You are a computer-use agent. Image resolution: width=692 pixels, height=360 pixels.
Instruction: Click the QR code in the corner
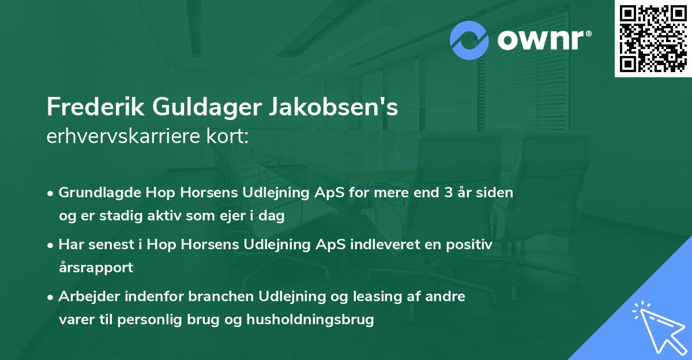653,38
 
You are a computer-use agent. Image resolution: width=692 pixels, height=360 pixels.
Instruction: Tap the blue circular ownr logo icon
469,40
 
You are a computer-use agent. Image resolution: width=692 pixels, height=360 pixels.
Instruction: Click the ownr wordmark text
543,40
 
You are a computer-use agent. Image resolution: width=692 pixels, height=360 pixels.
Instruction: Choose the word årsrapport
96,268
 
